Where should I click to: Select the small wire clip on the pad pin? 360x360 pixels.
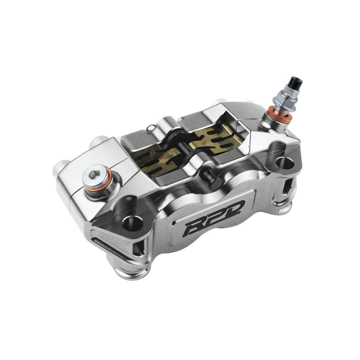(x=152, y=127)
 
